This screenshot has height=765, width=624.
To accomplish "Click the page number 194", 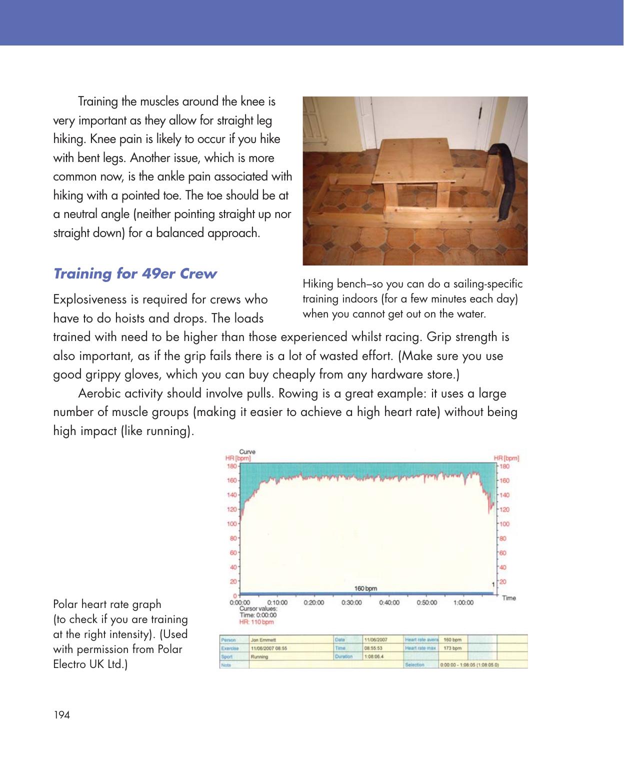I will coord(61,715).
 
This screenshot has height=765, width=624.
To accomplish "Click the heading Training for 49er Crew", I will coord(135,274).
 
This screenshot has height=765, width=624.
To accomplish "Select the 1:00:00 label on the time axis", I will coord(463,602).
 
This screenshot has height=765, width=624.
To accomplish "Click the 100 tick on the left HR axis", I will coord(232,524).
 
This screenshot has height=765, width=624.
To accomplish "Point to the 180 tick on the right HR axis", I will coord(504,466).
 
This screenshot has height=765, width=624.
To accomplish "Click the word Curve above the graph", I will coord(247,452).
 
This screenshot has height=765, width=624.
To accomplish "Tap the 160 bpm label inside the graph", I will coord(365,588).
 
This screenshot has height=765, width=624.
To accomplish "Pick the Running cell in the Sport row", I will coord(259,656).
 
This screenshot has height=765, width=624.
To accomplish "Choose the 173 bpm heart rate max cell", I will coord(452,648).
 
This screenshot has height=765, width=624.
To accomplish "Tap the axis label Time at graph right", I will coord(508,598).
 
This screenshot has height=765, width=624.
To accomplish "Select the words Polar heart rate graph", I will coord(107,604).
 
